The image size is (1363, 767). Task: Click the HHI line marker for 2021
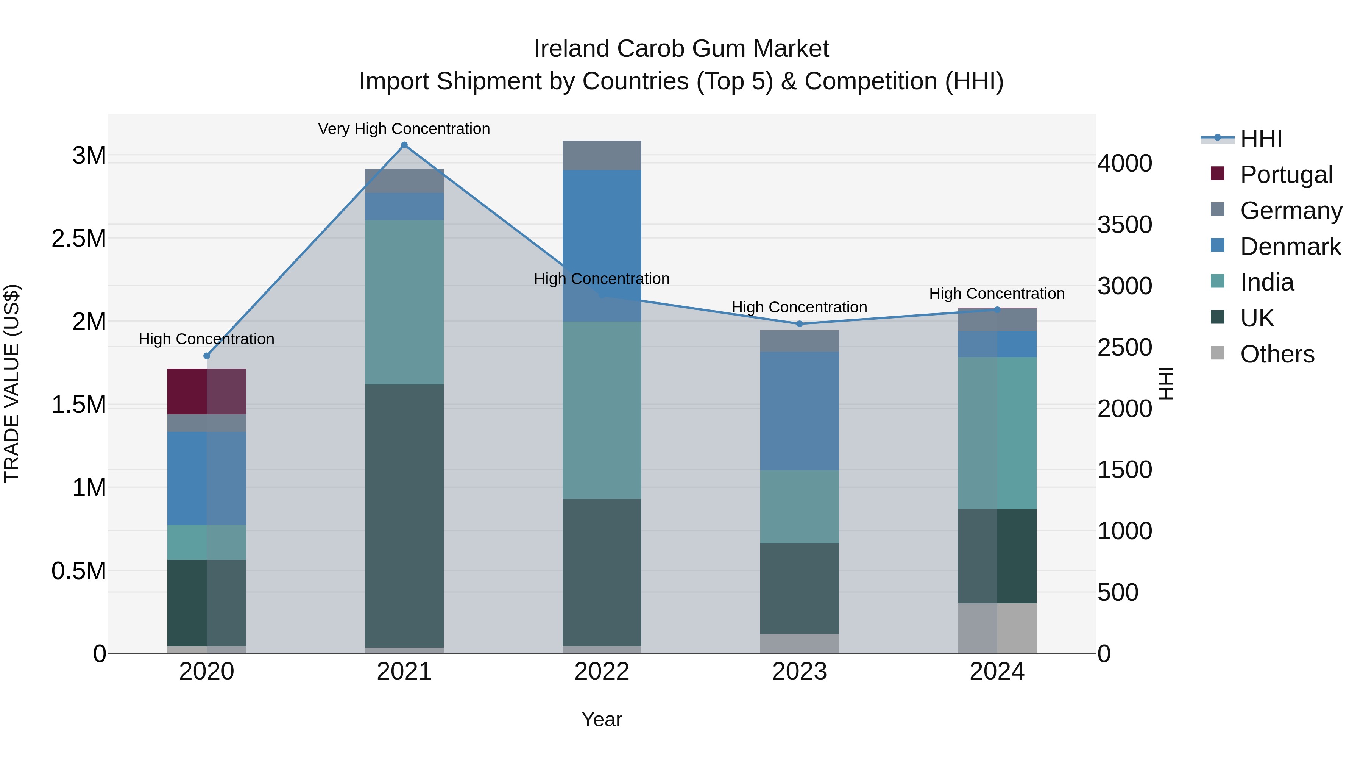(x=404, y=145)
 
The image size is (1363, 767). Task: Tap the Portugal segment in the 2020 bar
(x=206, y=391)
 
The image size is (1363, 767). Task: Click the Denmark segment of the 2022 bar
(x=602, y=245)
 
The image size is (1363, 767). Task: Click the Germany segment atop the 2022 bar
(x=602, y=155)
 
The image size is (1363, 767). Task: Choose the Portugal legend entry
(x=1286, y=175)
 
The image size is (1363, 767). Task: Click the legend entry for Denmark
(x=1290, y=247)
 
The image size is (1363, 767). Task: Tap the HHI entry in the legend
(x=1260, y=139)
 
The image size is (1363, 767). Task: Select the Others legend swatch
(x=1218, y=353)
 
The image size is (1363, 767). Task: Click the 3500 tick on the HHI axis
(x=1124, y=225)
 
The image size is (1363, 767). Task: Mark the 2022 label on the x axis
(x=602, y=672)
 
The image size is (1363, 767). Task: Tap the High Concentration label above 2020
(x=206, y=339)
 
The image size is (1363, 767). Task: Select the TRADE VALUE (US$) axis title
(x=12, y=383)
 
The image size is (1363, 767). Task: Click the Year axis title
(x=602, y=719)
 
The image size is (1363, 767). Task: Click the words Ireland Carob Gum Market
(x=681, y=49)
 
